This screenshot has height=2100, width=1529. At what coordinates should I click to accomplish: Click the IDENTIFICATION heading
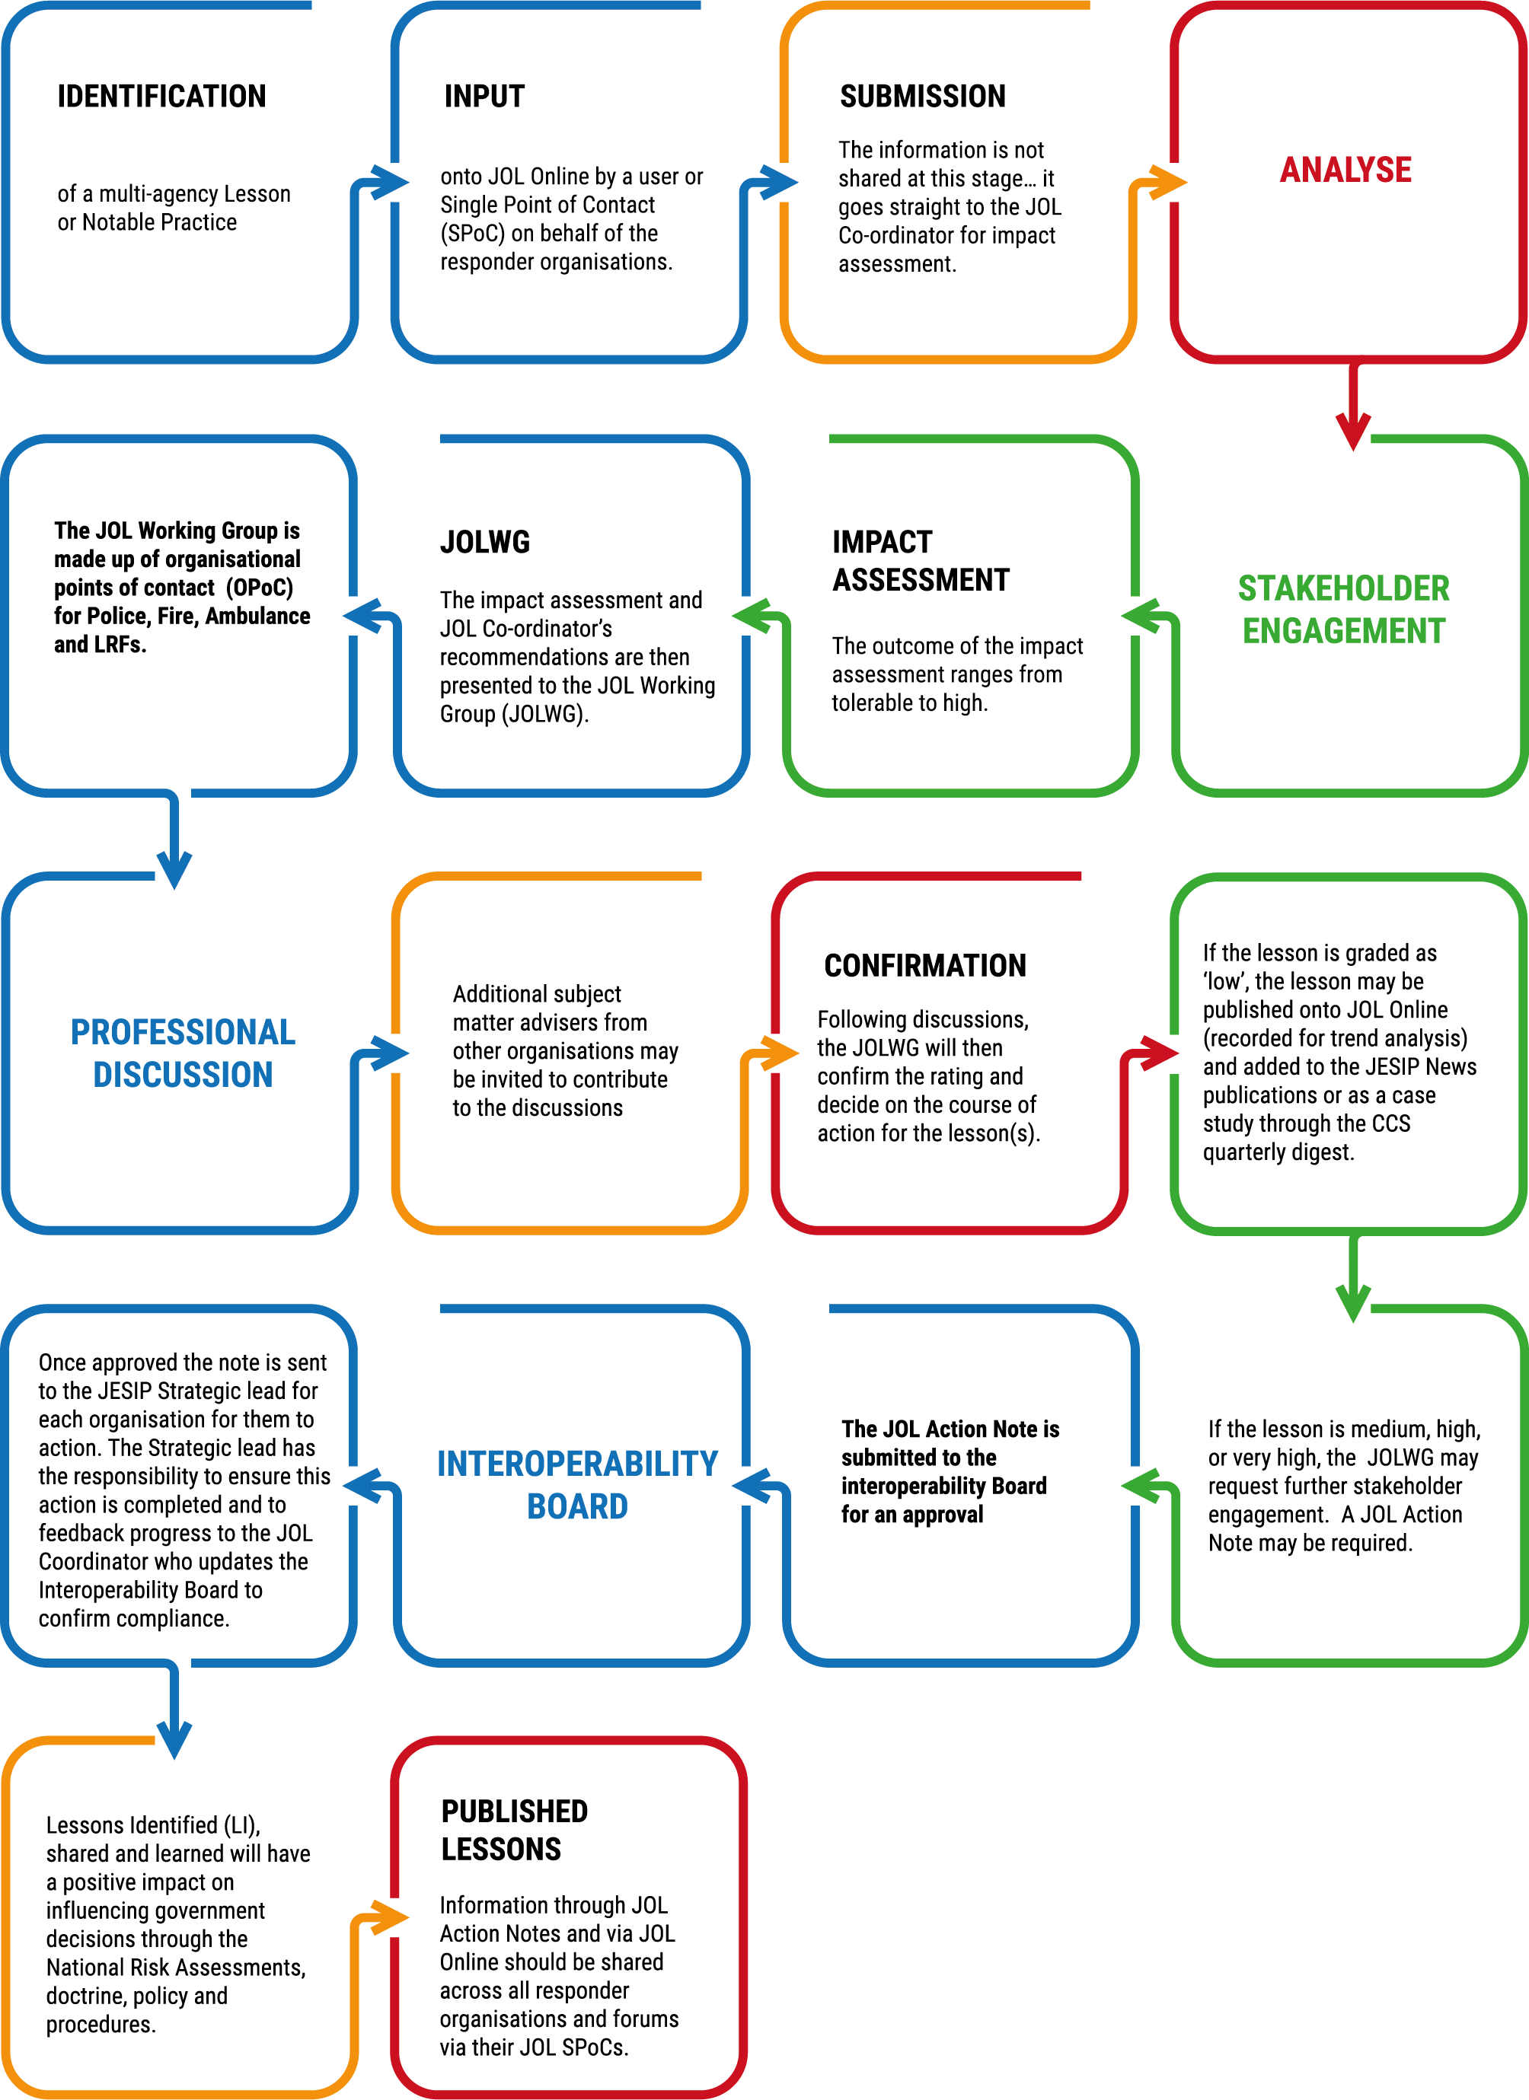(x=161, y=97)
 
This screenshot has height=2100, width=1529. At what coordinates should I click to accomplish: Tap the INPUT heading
(x=484, y=97)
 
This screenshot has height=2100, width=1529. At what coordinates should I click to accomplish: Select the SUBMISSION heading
(x=922, y=97)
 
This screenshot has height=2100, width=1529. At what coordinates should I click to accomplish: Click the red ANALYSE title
(x=1345, y=170)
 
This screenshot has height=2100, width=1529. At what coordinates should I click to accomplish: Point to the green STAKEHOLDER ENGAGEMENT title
(x=1344, y=609)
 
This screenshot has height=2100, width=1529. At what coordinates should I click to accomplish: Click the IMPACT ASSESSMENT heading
(x=921, y=560)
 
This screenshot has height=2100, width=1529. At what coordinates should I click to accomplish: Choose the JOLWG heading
(x=485, y=542)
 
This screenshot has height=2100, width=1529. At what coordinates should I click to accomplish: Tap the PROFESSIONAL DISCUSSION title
(x=184, y=1053)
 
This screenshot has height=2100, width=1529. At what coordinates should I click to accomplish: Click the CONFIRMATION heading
(x=925, y=966)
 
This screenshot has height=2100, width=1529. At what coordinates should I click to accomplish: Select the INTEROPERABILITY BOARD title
(x=578, y=1484)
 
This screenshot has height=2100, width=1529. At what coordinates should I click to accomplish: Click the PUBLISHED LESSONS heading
(x=515, y=1830)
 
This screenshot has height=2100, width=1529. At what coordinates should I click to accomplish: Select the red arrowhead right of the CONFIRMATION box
(x=1160, y=1053)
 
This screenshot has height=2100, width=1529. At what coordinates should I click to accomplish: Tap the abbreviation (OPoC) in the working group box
(x=260, y=588)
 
